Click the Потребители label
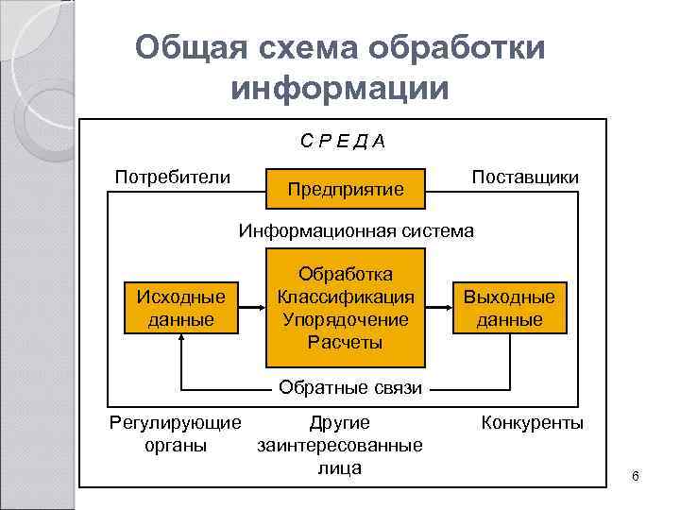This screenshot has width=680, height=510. click(x=172, y=177)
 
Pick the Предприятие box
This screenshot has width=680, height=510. click(x=346, y=189)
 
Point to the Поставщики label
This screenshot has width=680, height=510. click(x=525, y=178)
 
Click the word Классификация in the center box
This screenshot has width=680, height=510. click(x=346, y=297)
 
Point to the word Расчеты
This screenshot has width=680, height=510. click(x=346, y=342)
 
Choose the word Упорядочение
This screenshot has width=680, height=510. click(x=346, y=319)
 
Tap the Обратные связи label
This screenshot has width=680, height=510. click(x=349, y=387)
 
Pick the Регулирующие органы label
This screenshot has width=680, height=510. click(x=176, y=433)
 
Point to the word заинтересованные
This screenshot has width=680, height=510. click(x=340, y=445)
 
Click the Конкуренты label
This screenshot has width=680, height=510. click(x=533, y=422)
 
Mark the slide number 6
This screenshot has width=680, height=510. click(x=636, y=475)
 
